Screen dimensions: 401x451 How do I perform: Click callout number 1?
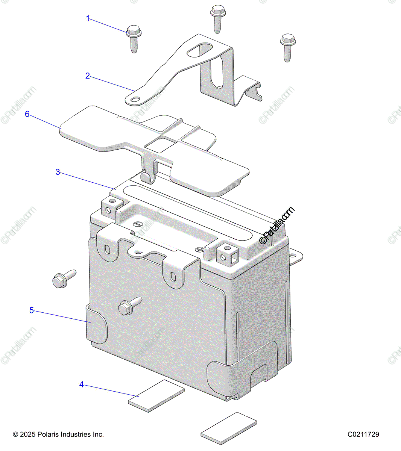pos(88,18)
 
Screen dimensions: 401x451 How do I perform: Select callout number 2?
pos(88,76)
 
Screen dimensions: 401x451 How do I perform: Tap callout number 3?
pos(58,172)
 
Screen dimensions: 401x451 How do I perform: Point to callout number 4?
pos(82,385)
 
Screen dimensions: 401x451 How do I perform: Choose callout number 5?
pos(32,310)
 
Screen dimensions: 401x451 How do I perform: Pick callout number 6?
pos(27,114)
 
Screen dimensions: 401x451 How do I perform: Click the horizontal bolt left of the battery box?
pos(64,278)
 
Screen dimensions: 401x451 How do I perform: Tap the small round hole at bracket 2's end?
pos(134,99)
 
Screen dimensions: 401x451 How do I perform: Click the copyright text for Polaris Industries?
pos(58,434)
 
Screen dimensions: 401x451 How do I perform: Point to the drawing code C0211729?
pos(363,434)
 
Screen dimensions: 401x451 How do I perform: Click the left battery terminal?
pos(112,207)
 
